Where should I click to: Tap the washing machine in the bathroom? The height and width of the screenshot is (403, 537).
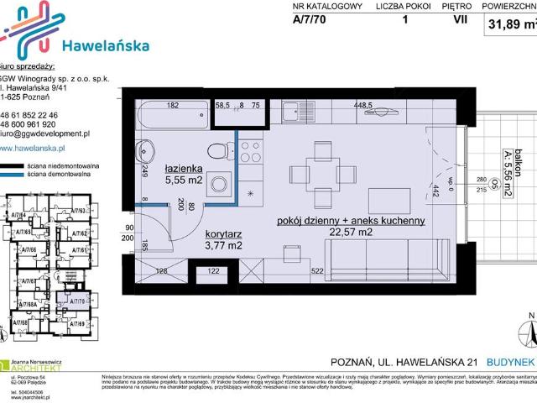221,184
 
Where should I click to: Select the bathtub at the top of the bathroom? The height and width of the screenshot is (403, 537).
173,114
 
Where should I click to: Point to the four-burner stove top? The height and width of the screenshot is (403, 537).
251,151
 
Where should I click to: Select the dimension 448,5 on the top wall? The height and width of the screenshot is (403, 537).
362,106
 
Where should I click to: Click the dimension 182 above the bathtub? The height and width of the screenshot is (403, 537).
173,106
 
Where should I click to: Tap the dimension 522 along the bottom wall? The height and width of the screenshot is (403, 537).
317,270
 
